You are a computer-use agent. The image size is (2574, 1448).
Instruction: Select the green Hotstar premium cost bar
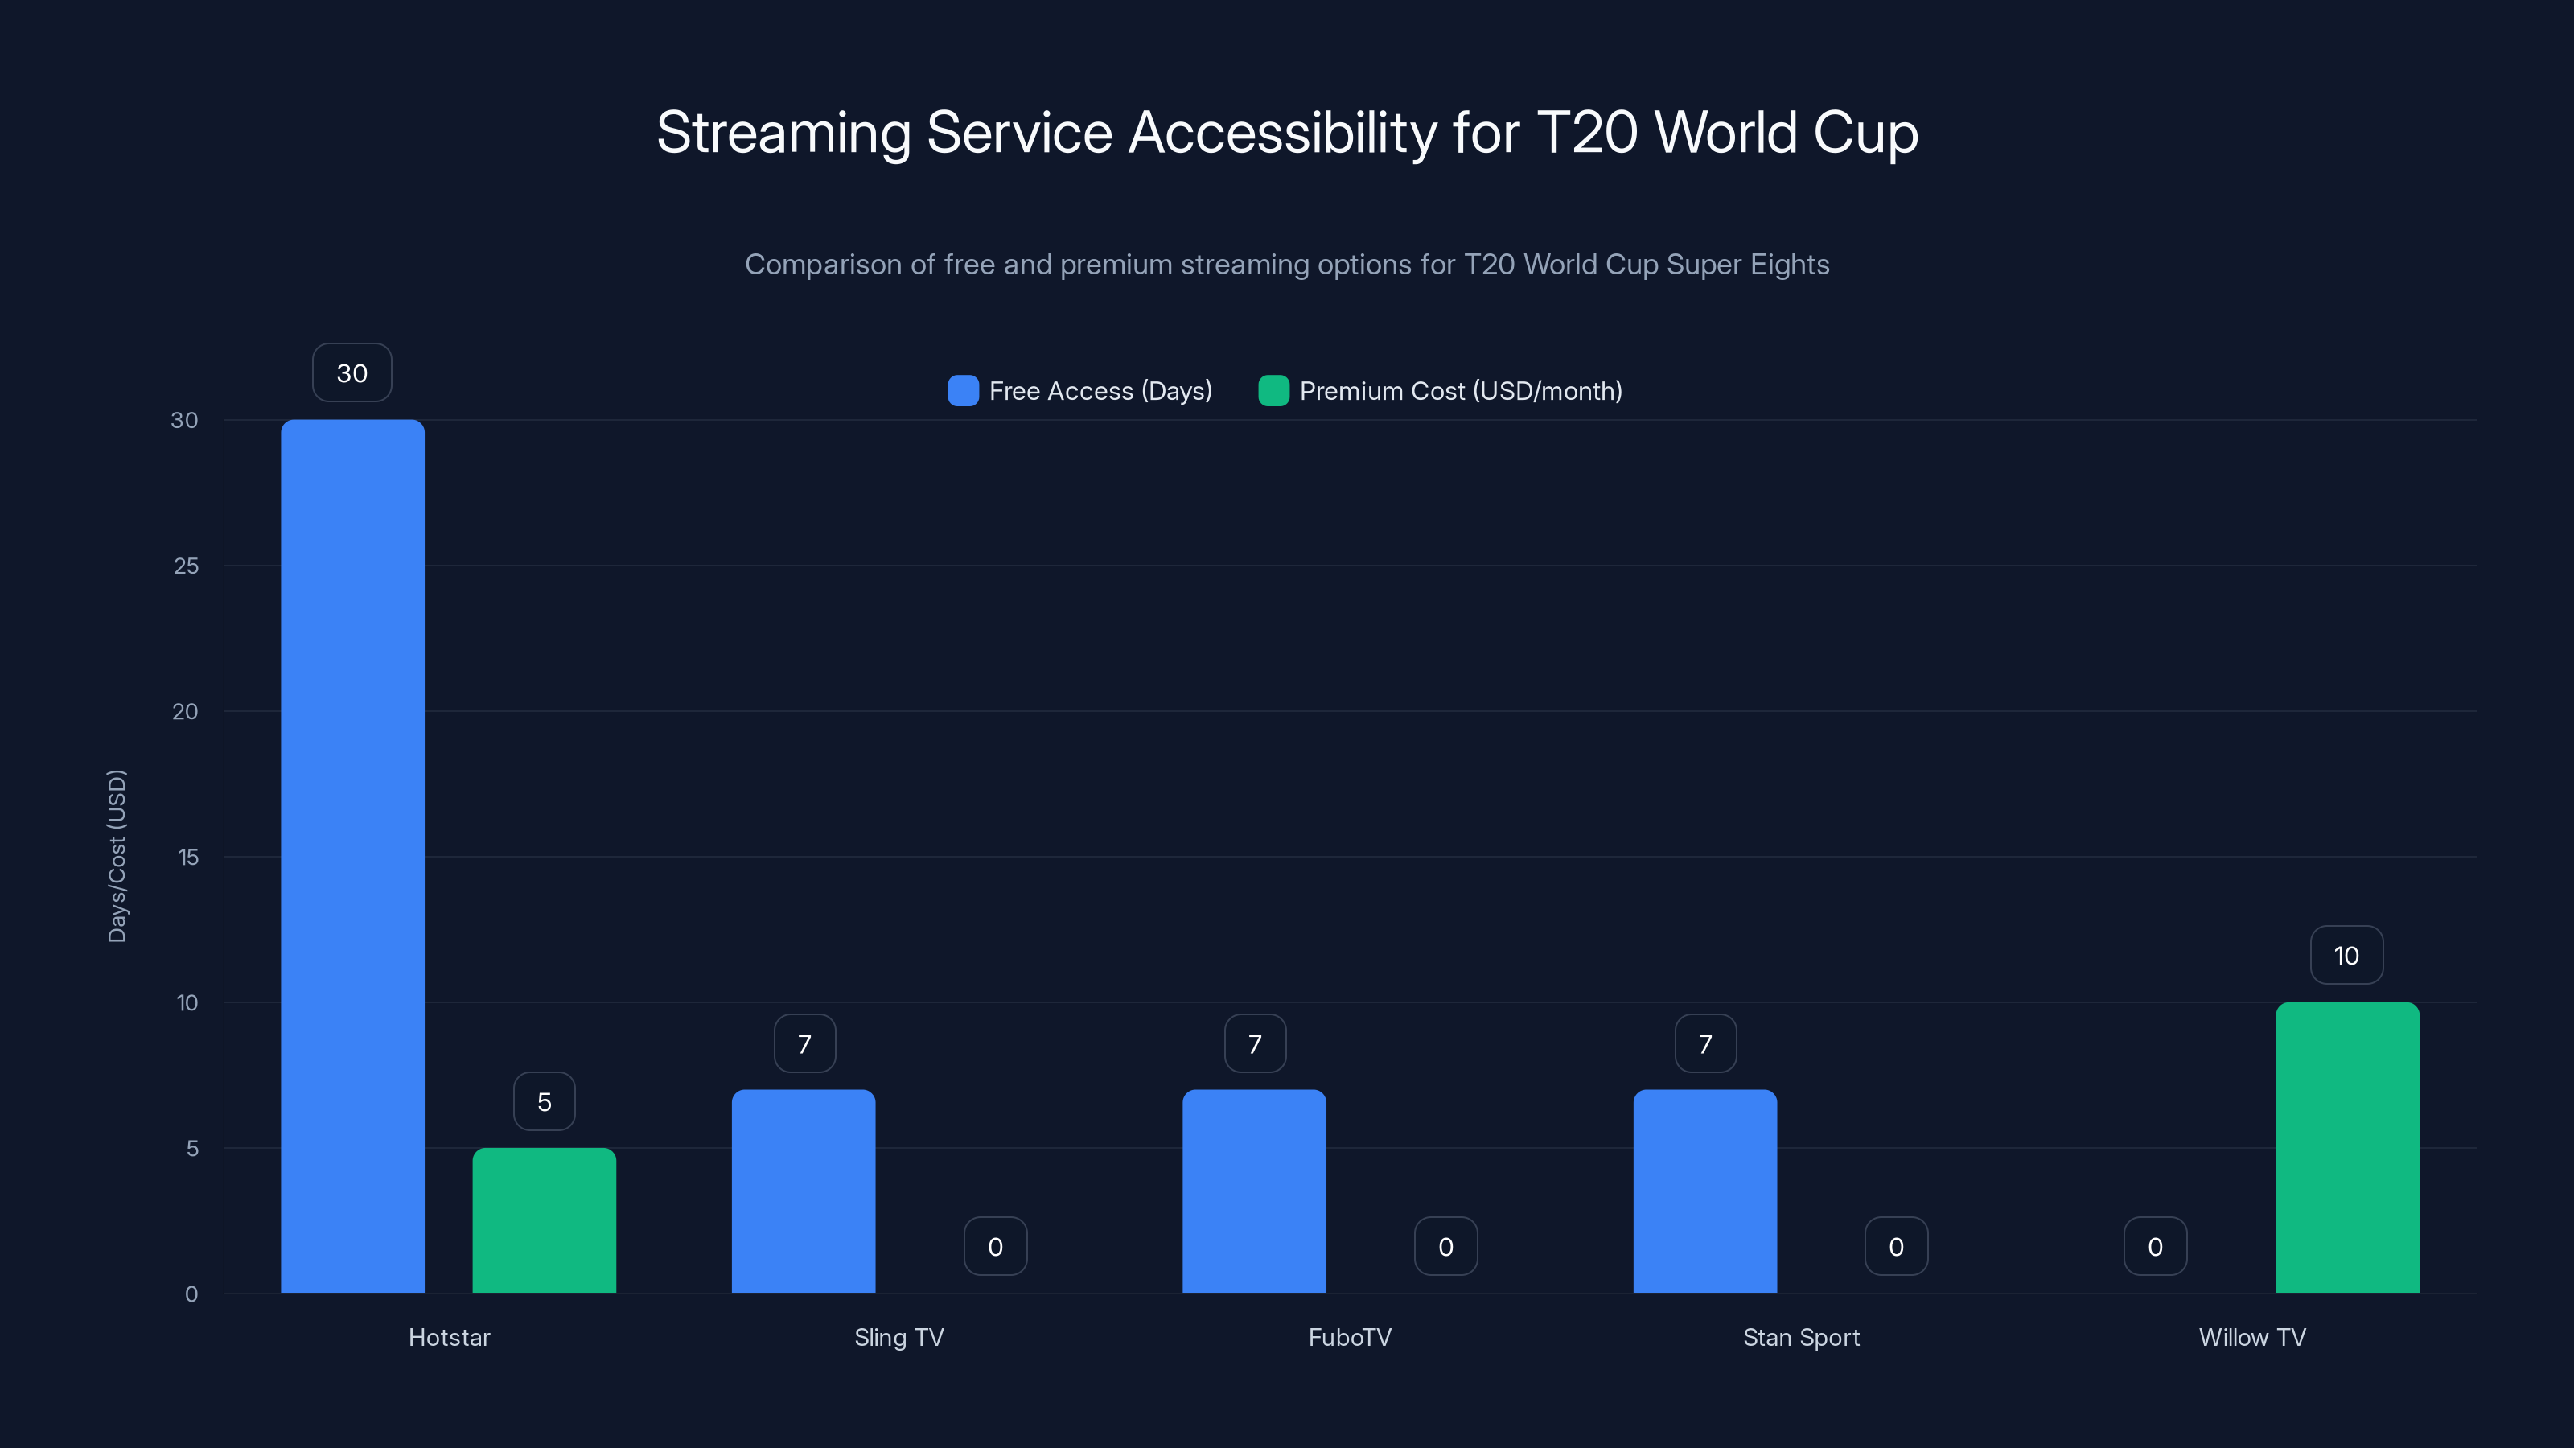click(x=544, y=1220)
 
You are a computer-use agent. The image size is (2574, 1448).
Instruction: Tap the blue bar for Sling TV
click(x=804, y=1191)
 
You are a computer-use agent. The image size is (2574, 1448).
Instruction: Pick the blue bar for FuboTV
click(x=1254, y=1191)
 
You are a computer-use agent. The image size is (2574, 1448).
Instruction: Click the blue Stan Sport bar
click(x=1704, y=1191)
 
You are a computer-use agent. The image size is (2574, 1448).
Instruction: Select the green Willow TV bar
click(x=2347, y=1147)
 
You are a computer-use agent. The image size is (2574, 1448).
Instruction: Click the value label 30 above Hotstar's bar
click(x=352, y=372)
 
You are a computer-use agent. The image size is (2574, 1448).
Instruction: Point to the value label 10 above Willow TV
click(x=2346, y=956)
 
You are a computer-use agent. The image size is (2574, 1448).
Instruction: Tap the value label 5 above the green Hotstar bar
click(x=544, y=1101)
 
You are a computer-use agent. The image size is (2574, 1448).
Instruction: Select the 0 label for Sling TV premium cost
click(x=995, y=1246)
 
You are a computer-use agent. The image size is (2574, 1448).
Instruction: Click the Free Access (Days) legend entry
click(x=1080, y=391)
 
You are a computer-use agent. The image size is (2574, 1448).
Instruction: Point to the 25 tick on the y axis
click(x=186, y=566)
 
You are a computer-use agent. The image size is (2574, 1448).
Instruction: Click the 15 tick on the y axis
click(x=188, y=857)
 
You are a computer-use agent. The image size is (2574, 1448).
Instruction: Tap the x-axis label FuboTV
click(x=1349, y=1337)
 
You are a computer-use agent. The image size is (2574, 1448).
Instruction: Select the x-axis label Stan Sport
click(x=1801, y=1337)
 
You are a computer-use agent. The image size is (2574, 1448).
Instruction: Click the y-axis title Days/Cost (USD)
click(x=117, y=855)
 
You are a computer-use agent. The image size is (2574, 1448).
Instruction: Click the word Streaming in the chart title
click(x=783, y=132)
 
